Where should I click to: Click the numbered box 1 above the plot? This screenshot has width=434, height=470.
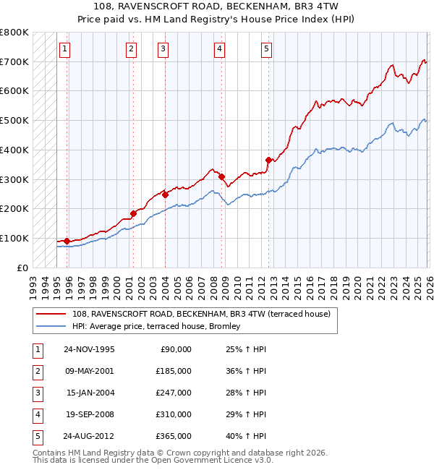point(64,49)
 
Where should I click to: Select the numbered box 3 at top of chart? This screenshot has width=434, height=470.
point(163,49)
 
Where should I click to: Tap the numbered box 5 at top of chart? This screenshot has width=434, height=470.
point(266,49)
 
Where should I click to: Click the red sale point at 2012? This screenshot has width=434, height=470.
point(268,160)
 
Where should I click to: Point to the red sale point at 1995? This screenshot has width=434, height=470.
point(67,241)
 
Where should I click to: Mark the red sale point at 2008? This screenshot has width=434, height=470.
point(222,176)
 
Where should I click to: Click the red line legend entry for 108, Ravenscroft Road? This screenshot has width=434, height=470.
point(201,314)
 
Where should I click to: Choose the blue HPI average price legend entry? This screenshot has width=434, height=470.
point(160,327)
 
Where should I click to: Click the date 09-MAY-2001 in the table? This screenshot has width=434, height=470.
point(88,370)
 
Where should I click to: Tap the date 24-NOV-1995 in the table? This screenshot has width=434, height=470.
point(88,349)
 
